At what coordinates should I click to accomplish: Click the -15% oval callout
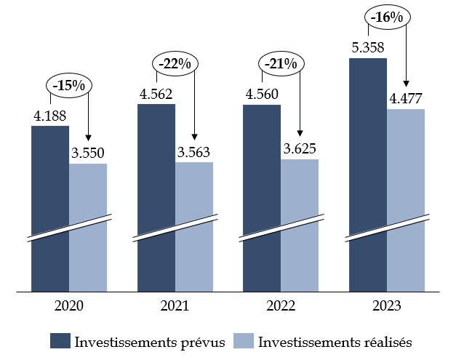coord(68,85)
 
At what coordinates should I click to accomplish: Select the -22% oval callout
coord(175,64)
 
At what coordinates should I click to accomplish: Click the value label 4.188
coord(49,116)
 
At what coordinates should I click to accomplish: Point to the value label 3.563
coord(194,152)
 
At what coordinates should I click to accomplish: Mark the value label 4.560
coord(261,94)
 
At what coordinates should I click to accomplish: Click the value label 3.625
coord(300,149)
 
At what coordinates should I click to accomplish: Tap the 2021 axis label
coord(175,305)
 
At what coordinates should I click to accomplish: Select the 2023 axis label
coord(387,305)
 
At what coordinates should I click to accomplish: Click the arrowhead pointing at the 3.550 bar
coord(88,138)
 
